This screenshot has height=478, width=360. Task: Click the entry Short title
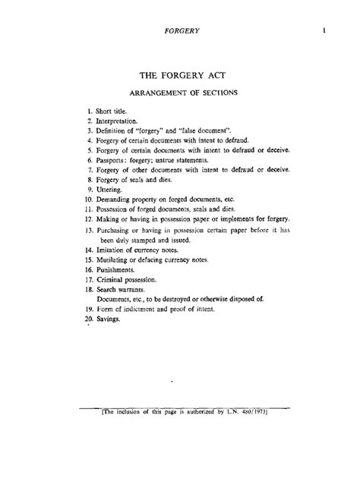tap(115, 111)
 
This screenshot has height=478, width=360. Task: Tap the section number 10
tap(88, 200)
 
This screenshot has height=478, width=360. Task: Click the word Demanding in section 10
tap(117, 200)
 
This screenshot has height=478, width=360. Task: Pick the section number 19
tap(88, 309)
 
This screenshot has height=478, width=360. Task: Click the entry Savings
tap(111, 319)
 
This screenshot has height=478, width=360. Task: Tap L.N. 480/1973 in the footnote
tap(245, 414)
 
